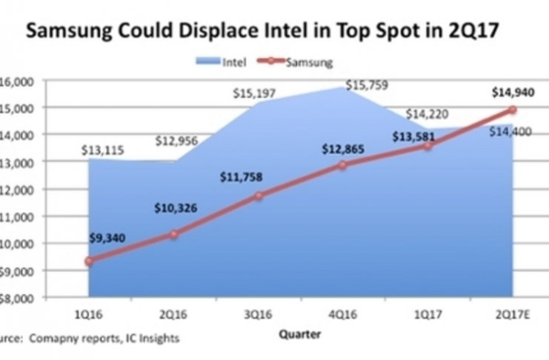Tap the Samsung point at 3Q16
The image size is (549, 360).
259,196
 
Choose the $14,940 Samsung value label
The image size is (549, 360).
512,93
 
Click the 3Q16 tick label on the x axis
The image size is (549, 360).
259,313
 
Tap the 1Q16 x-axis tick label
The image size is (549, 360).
89,313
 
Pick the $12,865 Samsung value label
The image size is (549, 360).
344,149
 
